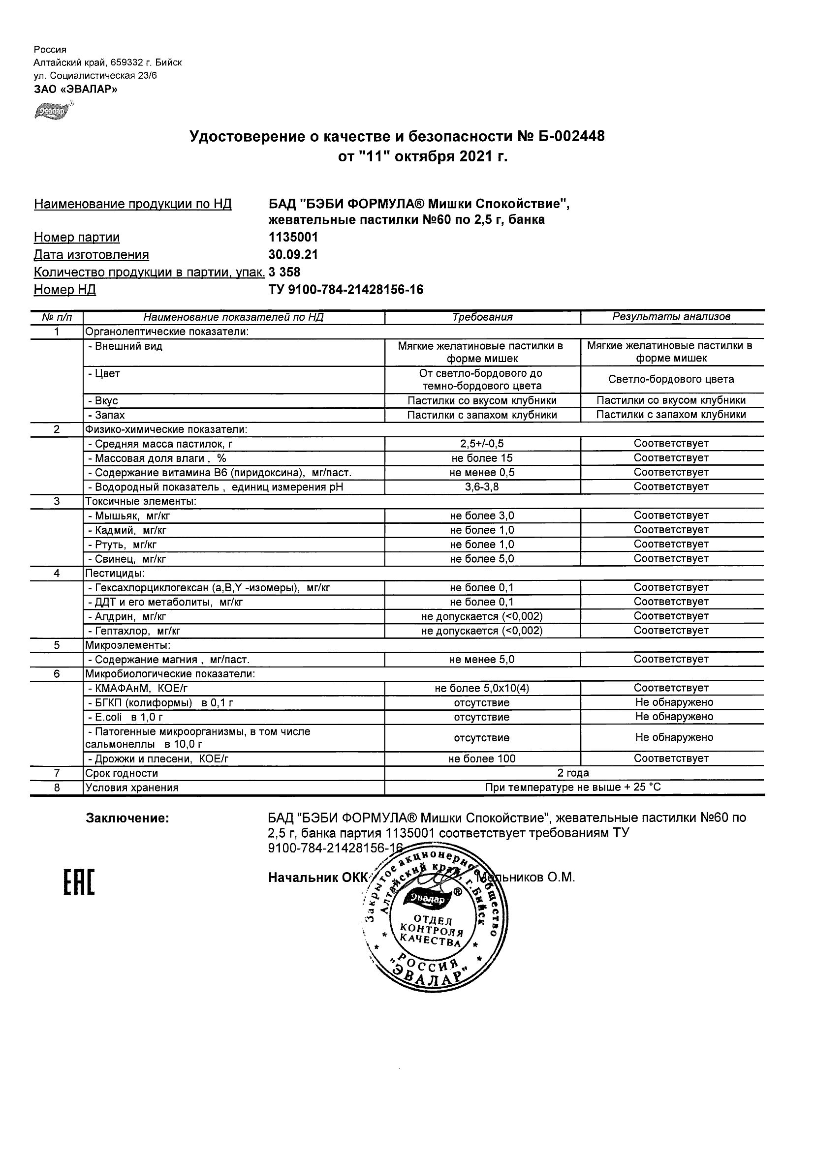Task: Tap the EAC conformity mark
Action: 79,883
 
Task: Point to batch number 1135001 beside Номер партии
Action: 293,237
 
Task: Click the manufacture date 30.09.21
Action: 293,255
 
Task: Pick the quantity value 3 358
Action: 284,272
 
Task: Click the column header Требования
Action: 482,317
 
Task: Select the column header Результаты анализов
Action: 671,317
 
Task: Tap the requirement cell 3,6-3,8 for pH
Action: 482,487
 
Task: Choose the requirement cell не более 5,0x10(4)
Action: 482,688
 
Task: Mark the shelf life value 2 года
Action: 573,773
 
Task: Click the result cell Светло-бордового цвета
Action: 671,380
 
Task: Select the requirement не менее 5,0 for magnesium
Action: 482,660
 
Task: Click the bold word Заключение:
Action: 127,818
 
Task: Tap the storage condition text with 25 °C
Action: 573,788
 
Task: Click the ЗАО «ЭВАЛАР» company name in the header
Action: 75,89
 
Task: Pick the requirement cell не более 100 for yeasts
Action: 482,758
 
